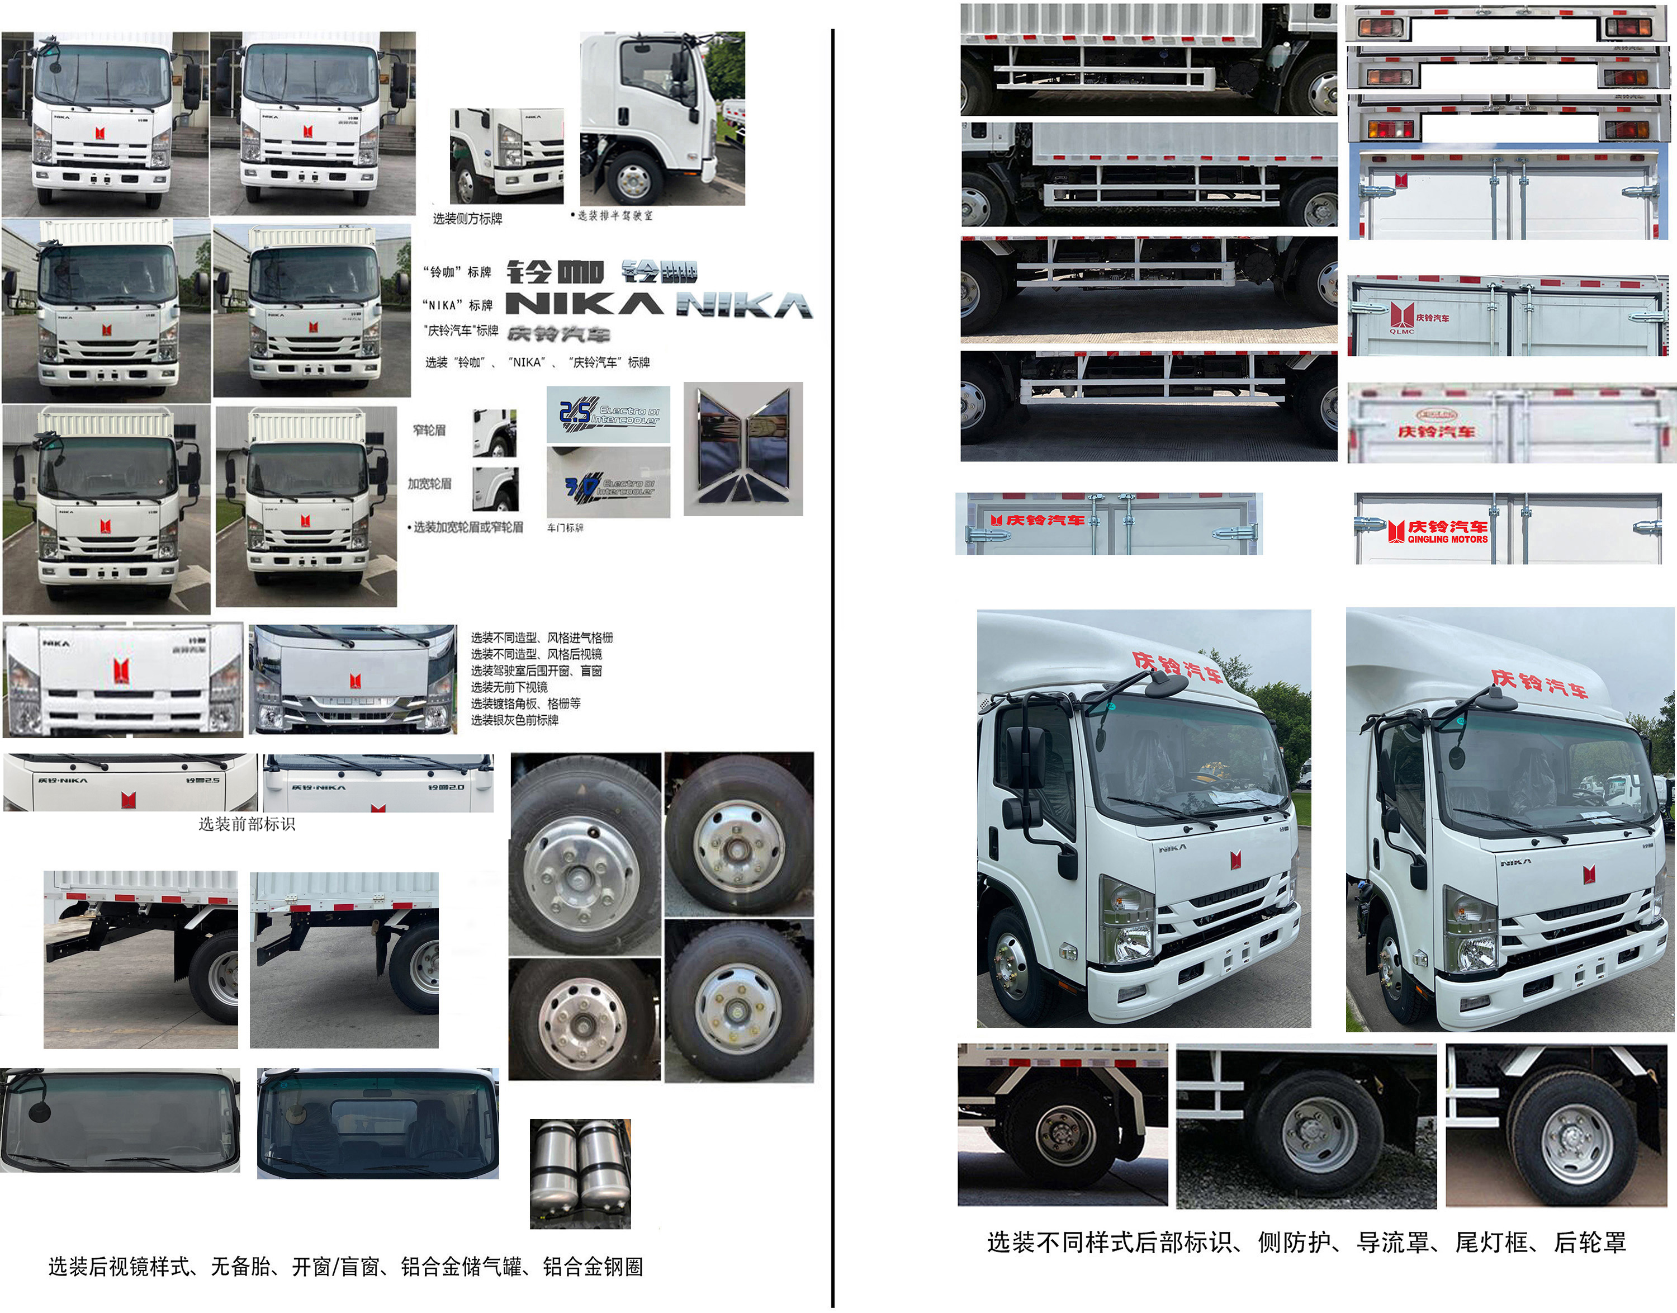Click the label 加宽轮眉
[429, 484]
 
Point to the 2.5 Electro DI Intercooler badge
[608, 414]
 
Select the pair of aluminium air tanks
[580, 1173]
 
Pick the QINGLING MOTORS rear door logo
[1438, 531]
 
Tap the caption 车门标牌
[565, 528]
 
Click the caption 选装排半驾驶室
[613, 216]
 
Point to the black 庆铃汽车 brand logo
[558, 334]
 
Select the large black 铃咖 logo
[555, 271]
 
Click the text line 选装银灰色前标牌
[514, 720]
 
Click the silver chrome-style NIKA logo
[744, 306]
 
